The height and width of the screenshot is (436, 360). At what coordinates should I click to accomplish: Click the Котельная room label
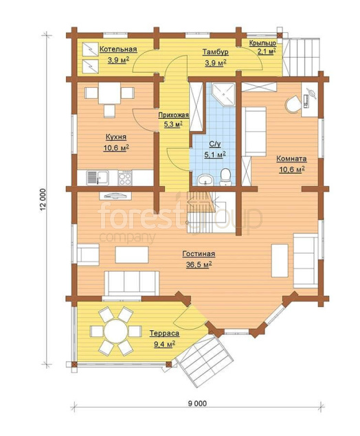pyautogui.click(x=118, y=49)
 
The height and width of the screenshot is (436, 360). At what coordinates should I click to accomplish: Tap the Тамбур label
pyautogui.click(x=215, y=52)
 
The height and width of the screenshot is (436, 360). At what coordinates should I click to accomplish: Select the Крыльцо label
pyautogui.click(x=262, y=43)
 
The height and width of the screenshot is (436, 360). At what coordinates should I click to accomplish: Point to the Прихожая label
pyautogui.click(x=174, y=115)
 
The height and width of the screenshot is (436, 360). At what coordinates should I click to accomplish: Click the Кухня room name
pyautogui.click(x=116, y=137)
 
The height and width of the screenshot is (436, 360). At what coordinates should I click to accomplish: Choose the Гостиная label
pyautogui.click(x=199, y=254)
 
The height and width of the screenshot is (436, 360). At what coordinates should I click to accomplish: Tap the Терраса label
pyautogui.click(x=164, y=334)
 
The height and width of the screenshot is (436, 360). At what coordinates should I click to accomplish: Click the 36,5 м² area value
pyautogui.click(x=199, y=265)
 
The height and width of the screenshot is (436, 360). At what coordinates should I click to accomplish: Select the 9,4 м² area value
pyautogui.click(x=164, y=345)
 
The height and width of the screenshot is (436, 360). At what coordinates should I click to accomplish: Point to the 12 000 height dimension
pyautogui.click(x=43, y=200)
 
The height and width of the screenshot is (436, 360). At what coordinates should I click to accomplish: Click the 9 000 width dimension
pyautogui.click(x=197, y=404)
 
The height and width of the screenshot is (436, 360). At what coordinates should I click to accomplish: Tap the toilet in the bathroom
pyautogui.click(x=225, y=177)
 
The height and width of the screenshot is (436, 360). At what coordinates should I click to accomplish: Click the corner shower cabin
pyautogui.click(x=223, y=94)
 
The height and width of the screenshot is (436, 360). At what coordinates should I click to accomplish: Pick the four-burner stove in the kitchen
pyautogui.click(x=125, y=177)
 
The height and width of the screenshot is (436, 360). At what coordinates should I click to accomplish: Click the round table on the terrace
pyautogui.click(x=116, y=331)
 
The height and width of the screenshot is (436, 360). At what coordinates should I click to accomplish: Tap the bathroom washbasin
pyautogui.click(x=205, y=180)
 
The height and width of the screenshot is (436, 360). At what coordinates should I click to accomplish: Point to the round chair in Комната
pyautogui.click(x=293, y=104)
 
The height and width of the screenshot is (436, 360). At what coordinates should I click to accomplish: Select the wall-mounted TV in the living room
pyautogui.click(x=115, y=196)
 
